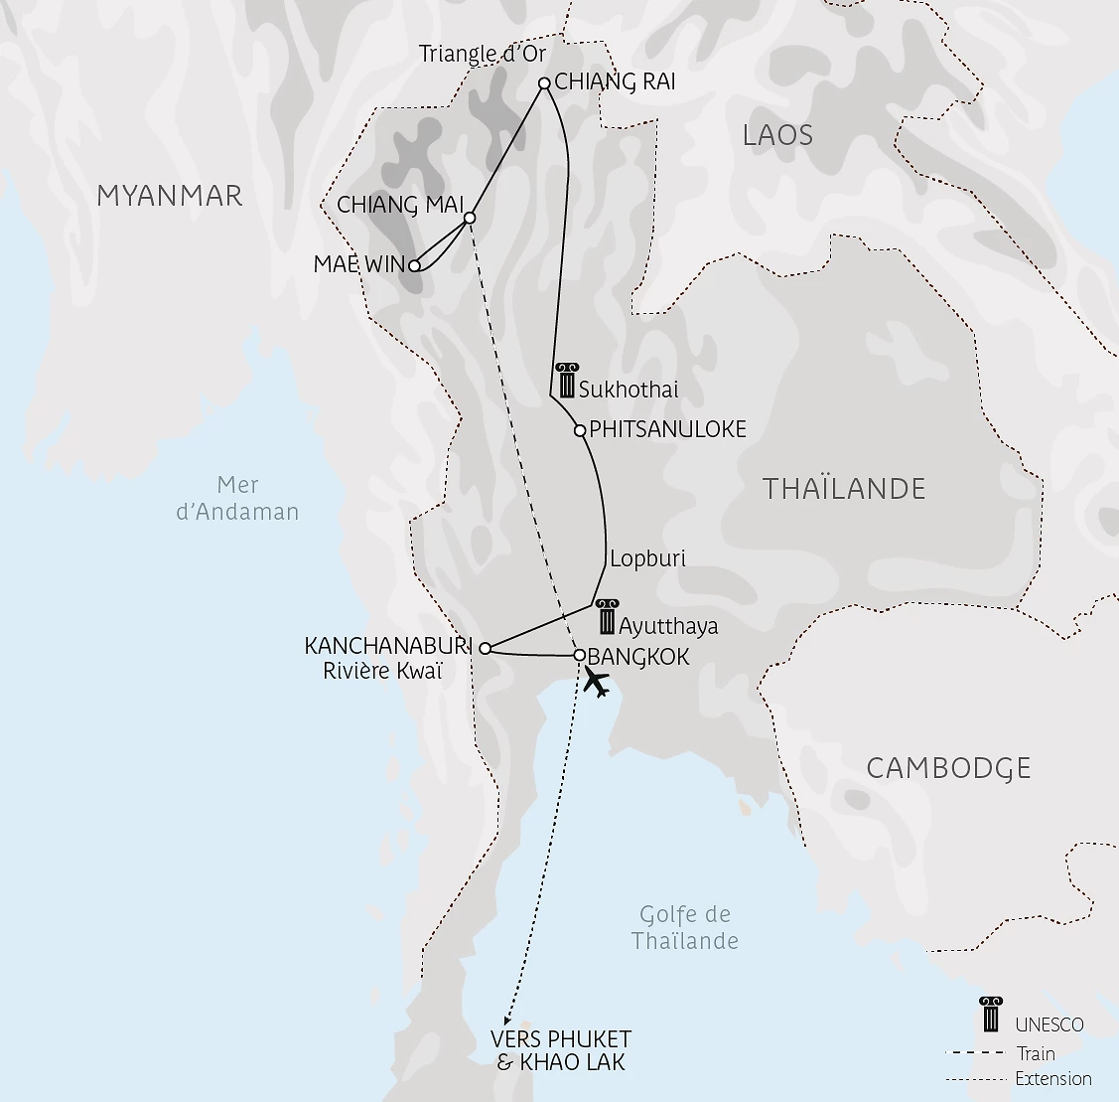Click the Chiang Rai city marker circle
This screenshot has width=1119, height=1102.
coord(544,83)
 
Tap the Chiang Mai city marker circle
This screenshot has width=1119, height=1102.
coord(470,218)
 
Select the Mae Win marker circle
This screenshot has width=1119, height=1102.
coord(415,265)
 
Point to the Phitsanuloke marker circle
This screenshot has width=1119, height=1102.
coord(580,430)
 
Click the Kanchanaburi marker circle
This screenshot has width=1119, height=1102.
coord(485,649)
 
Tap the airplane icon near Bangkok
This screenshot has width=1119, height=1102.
coord(596,682)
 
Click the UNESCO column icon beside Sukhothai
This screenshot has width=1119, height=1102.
coord(566,382)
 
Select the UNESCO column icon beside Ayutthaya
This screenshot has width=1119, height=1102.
coord(606,617)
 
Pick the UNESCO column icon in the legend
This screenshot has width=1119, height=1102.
coord(990,1015)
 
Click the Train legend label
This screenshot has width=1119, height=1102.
coord(1036,1053)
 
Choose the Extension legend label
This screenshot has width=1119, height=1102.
coord(1052,1078)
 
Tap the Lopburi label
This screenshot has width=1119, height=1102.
coord(647,558)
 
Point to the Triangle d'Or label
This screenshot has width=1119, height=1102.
coord(483,54)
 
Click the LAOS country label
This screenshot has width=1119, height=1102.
coord(777,135)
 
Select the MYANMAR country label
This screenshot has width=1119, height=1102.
coord(169,196)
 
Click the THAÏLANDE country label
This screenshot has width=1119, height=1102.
coord(844,489)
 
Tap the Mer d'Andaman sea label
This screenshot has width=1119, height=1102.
coord(237,499)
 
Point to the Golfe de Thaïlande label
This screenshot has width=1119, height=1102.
coord(685,927)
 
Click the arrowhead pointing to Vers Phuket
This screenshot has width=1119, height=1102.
coord(507,1021)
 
